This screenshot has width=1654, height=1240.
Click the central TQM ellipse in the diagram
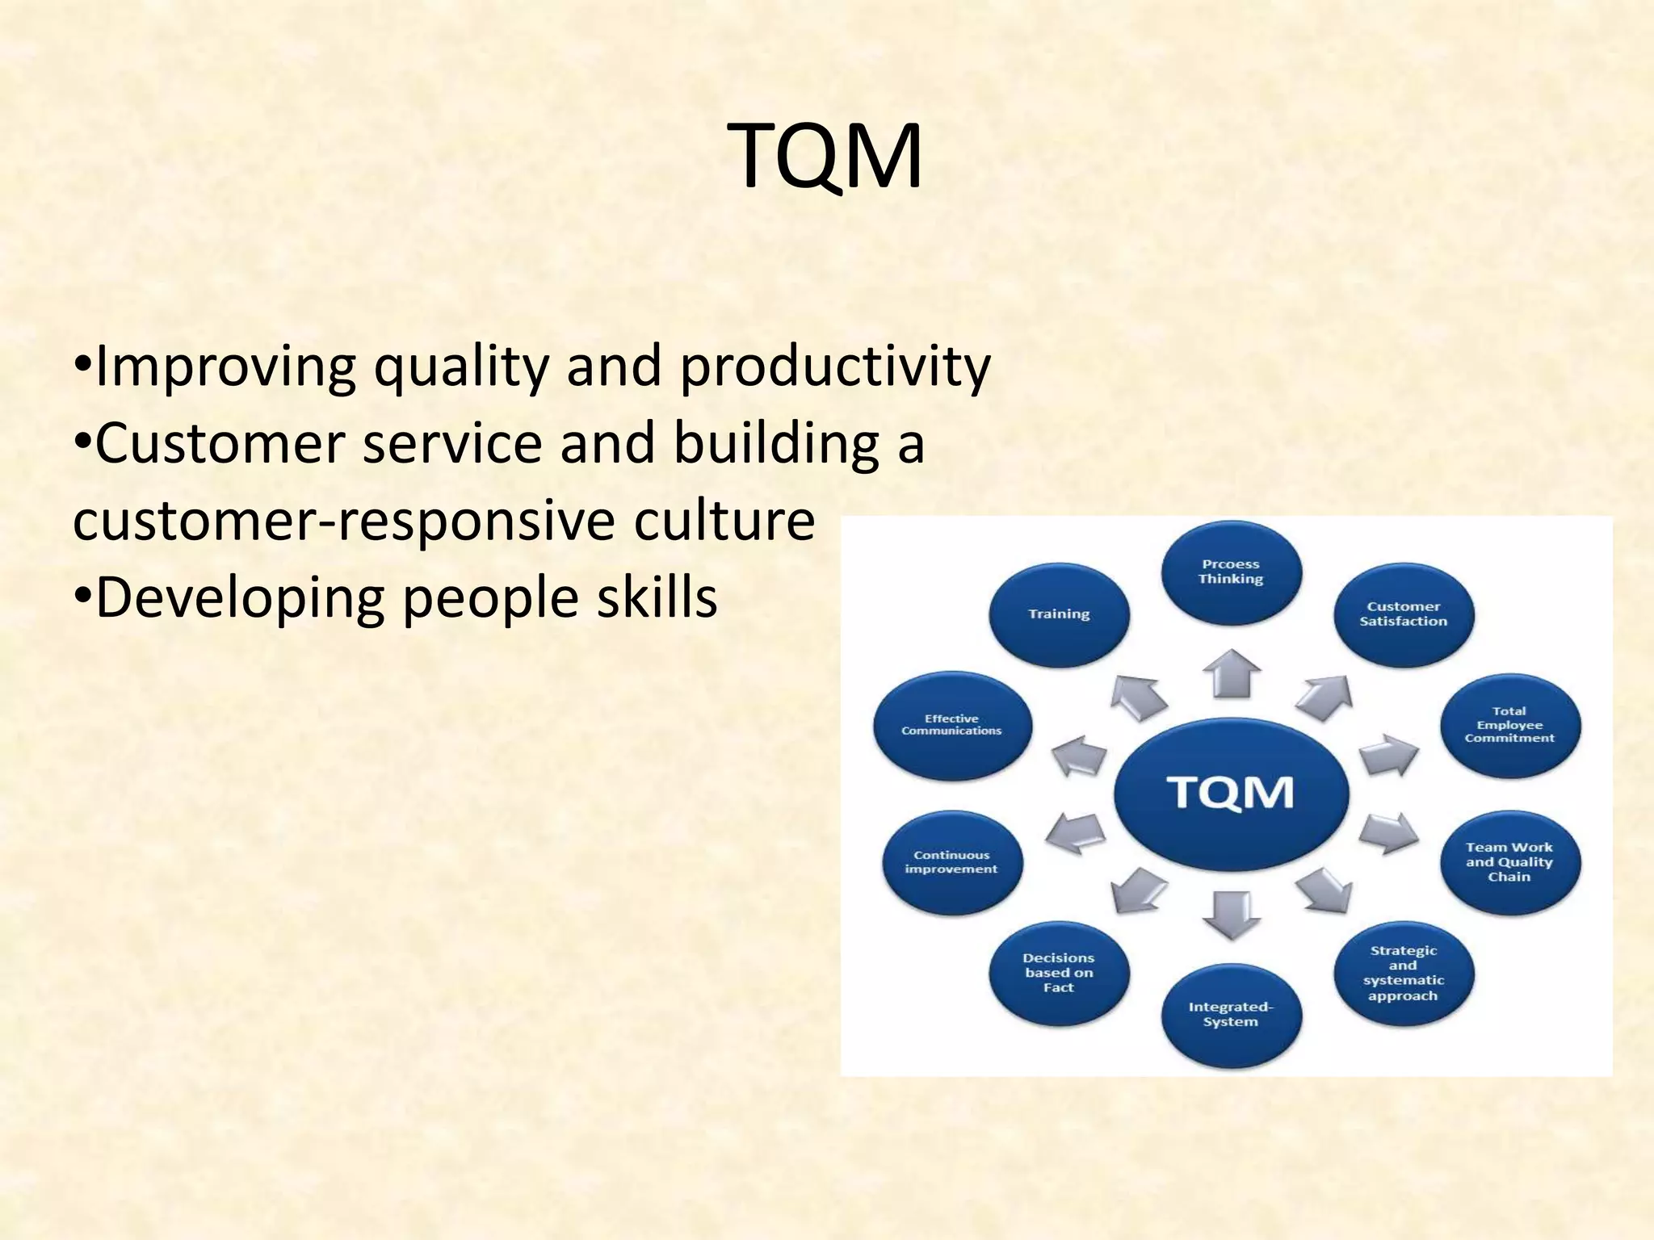[x=1231, y=793]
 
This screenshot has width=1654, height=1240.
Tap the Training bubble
[x=1059, y=614]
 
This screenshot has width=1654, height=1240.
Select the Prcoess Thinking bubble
[x=1231, y=572]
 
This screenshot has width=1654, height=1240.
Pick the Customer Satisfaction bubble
[x=1403, y=614]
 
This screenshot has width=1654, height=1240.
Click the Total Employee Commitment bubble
[x=1509, y=725]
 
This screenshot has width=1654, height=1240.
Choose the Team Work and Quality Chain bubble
[x=1509, y=862]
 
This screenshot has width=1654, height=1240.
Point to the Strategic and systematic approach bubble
[x=1403, y=974]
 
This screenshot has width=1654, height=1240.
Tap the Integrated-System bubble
[x=1231, y=1015]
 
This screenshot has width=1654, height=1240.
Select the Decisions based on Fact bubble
[x=1059, y=973]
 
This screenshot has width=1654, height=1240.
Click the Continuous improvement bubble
[x=951, y=862]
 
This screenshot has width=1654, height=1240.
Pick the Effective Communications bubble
[x=952, y=725]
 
